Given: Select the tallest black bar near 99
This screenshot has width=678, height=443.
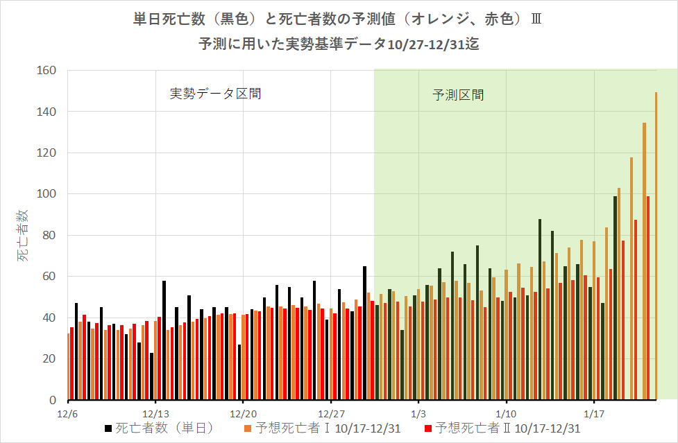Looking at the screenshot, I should click(x=615, y=298).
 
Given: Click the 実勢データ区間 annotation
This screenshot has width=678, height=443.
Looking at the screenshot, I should click(x=216, y=94).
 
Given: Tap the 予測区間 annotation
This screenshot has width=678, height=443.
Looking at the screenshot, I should click(x=458, y=95).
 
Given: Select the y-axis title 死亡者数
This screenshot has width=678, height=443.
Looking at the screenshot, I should click(x=23, y=236).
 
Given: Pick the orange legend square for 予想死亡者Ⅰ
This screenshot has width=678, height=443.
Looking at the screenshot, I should click(x=248, y=429).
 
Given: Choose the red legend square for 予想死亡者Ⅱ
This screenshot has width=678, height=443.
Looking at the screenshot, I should click(x=427, y=429).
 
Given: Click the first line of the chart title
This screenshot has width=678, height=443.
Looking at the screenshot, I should click(x=338, y=19).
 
